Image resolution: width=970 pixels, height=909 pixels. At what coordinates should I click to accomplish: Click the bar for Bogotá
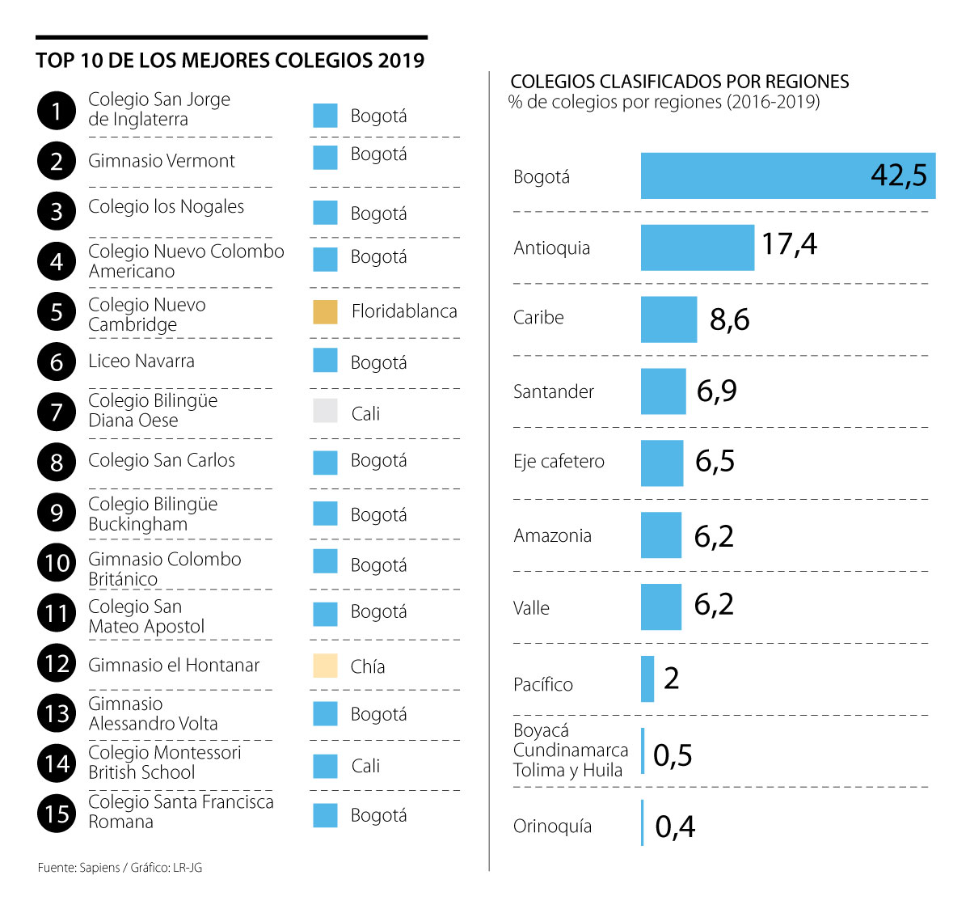click(788, 175)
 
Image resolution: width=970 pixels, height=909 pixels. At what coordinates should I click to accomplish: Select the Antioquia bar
click(697, 247)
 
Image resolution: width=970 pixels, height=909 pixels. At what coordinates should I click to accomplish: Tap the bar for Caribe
click(668, 319)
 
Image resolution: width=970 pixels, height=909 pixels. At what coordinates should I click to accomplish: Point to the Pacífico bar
click(647, 679)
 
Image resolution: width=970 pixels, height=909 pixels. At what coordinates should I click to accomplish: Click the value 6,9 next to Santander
click(717, 391)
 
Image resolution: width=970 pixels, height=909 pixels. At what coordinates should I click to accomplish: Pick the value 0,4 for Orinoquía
click(675, 827)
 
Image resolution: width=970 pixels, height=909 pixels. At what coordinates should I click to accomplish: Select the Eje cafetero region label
click(559, 462)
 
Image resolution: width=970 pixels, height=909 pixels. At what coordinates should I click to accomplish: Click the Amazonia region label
click(552, 535)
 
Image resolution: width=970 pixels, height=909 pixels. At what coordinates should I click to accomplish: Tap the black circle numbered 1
click(57, 111)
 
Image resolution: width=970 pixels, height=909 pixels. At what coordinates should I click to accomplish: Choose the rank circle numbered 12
click(57, 664)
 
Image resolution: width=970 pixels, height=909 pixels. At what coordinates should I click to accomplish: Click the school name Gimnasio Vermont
click(162, 161)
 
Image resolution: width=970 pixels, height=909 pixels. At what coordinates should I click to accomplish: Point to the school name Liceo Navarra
click(141, 361)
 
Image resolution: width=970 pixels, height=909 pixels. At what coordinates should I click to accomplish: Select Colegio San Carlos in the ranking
click(162, 460)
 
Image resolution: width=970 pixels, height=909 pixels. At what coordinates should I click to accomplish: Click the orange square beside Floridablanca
click(325, 312)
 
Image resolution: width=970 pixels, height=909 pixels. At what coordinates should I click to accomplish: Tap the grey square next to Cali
click(325, 411)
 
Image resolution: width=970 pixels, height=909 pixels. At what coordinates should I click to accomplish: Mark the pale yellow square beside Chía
click(325, 666)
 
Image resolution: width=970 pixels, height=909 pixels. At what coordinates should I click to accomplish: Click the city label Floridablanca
click(404, 311)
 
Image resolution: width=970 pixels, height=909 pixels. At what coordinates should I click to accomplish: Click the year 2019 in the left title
click(401, 61)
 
